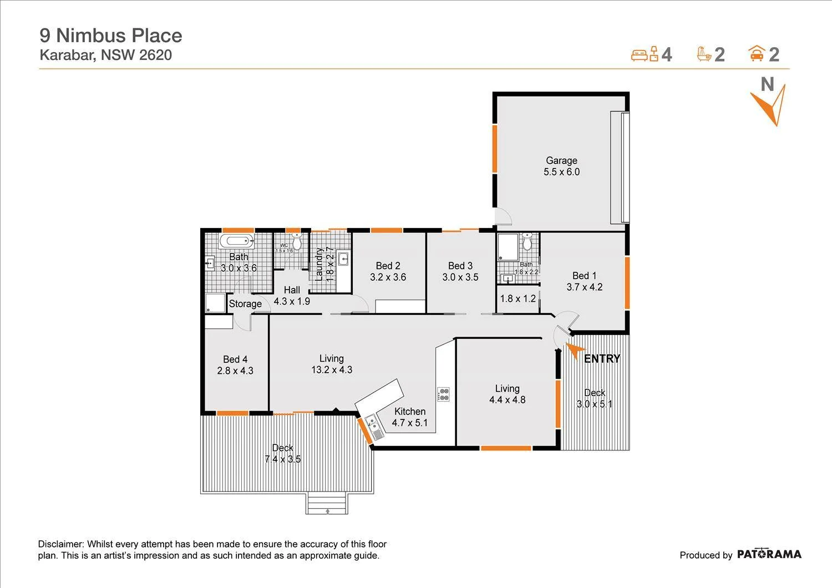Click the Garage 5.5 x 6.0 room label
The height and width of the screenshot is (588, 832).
(x=561, y=166)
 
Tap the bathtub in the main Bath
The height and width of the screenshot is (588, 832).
(x=236, y=241)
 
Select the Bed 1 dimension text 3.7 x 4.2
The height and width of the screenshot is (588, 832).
(x=584, y=287)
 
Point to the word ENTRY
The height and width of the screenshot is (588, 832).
(x=602, y=359)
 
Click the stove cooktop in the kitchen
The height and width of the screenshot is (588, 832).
(x=444, y=394)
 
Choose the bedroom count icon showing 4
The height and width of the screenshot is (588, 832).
(x=645, y=54)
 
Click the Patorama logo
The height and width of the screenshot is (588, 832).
(x=769, y=554)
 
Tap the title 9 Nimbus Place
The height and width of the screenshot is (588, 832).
(x=111, y=36)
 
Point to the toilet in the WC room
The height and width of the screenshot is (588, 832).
(x=297, y=242)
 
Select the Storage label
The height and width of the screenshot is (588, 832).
(x=245, y=304)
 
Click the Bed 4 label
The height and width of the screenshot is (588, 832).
(x=235, y=359)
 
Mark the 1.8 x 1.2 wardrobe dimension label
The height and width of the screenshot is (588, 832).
(x=518, y=298)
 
